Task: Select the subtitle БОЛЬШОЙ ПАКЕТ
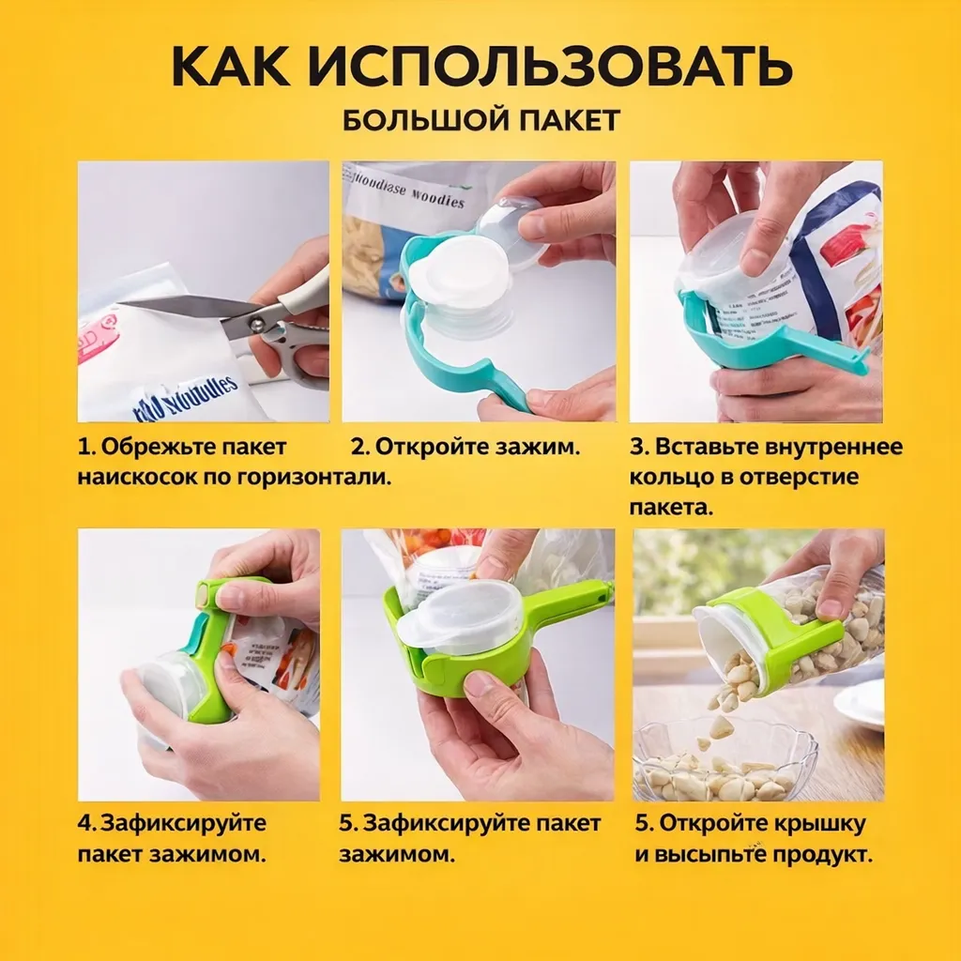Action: coord(480,121)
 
